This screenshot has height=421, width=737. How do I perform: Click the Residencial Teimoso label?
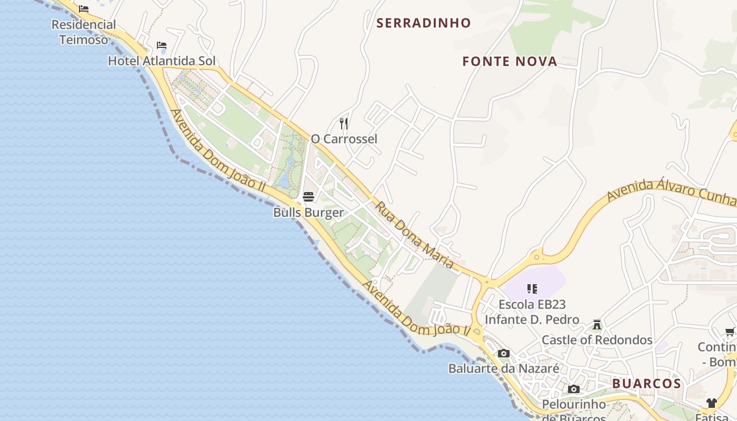(84, 32)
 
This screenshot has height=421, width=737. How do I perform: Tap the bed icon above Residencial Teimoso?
(84, 9)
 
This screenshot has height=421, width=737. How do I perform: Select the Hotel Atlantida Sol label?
(162, 61)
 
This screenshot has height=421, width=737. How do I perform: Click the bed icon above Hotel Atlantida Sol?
(162, 45)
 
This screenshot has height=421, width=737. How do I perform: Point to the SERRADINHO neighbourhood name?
(423, 23)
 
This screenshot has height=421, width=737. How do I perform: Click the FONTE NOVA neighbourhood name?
(509, 62)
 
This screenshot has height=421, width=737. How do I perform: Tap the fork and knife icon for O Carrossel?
(344, 124)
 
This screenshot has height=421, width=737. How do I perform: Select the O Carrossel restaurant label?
(344, 139)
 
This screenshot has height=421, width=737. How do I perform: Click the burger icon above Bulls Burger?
(308, 197)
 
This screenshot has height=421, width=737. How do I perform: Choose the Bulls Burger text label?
(308, 213)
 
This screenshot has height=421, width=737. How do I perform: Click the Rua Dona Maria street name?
(414, 235)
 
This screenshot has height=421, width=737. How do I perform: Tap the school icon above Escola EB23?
(532, 288)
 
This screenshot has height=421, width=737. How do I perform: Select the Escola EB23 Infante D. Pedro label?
(532, 312)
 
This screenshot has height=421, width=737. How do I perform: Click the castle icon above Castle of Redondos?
(597, 324)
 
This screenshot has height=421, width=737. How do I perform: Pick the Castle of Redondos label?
(597, 340)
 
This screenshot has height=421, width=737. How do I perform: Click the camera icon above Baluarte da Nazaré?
(504, 353)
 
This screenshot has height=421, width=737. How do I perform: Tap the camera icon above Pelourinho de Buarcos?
(574, 389)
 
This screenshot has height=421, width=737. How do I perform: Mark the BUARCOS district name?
(646, 384)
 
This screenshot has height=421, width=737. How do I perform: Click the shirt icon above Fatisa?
(712, 403)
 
